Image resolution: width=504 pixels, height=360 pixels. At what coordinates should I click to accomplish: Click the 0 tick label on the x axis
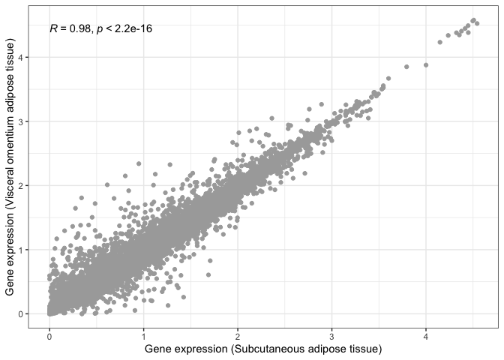click(49, 335)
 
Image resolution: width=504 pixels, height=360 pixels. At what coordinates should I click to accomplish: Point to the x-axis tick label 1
click(143, 335)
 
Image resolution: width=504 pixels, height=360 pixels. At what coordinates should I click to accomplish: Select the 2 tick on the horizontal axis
click(238, 335)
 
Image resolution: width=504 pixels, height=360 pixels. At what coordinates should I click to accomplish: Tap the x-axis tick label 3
click(331, 335)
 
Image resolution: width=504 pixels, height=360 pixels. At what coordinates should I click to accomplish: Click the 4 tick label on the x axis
click(426, 335)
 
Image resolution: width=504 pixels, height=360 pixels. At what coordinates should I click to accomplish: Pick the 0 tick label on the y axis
click(20, 313)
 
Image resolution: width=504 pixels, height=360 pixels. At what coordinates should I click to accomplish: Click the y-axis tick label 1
click(20, 249)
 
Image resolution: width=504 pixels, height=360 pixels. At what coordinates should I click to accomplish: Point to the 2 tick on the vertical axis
click(20, 185)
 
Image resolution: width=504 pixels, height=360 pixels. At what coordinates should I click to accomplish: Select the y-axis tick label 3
click(20, 121)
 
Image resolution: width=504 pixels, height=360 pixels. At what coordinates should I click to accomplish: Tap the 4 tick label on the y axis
click(20, 57)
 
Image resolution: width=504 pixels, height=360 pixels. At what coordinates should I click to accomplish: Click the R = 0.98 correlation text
click(70, 28)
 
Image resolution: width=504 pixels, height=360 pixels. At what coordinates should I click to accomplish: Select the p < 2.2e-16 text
click(126, 28)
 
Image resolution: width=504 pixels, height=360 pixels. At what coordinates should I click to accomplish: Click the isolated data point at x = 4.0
click(426, 65)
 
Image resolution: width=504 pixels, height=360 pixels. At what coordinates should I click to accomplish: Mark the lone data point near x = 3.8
click(406, 67)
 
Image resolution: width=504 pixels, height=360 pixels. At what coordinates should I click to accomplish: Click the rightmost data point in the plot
click(477, 24)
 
